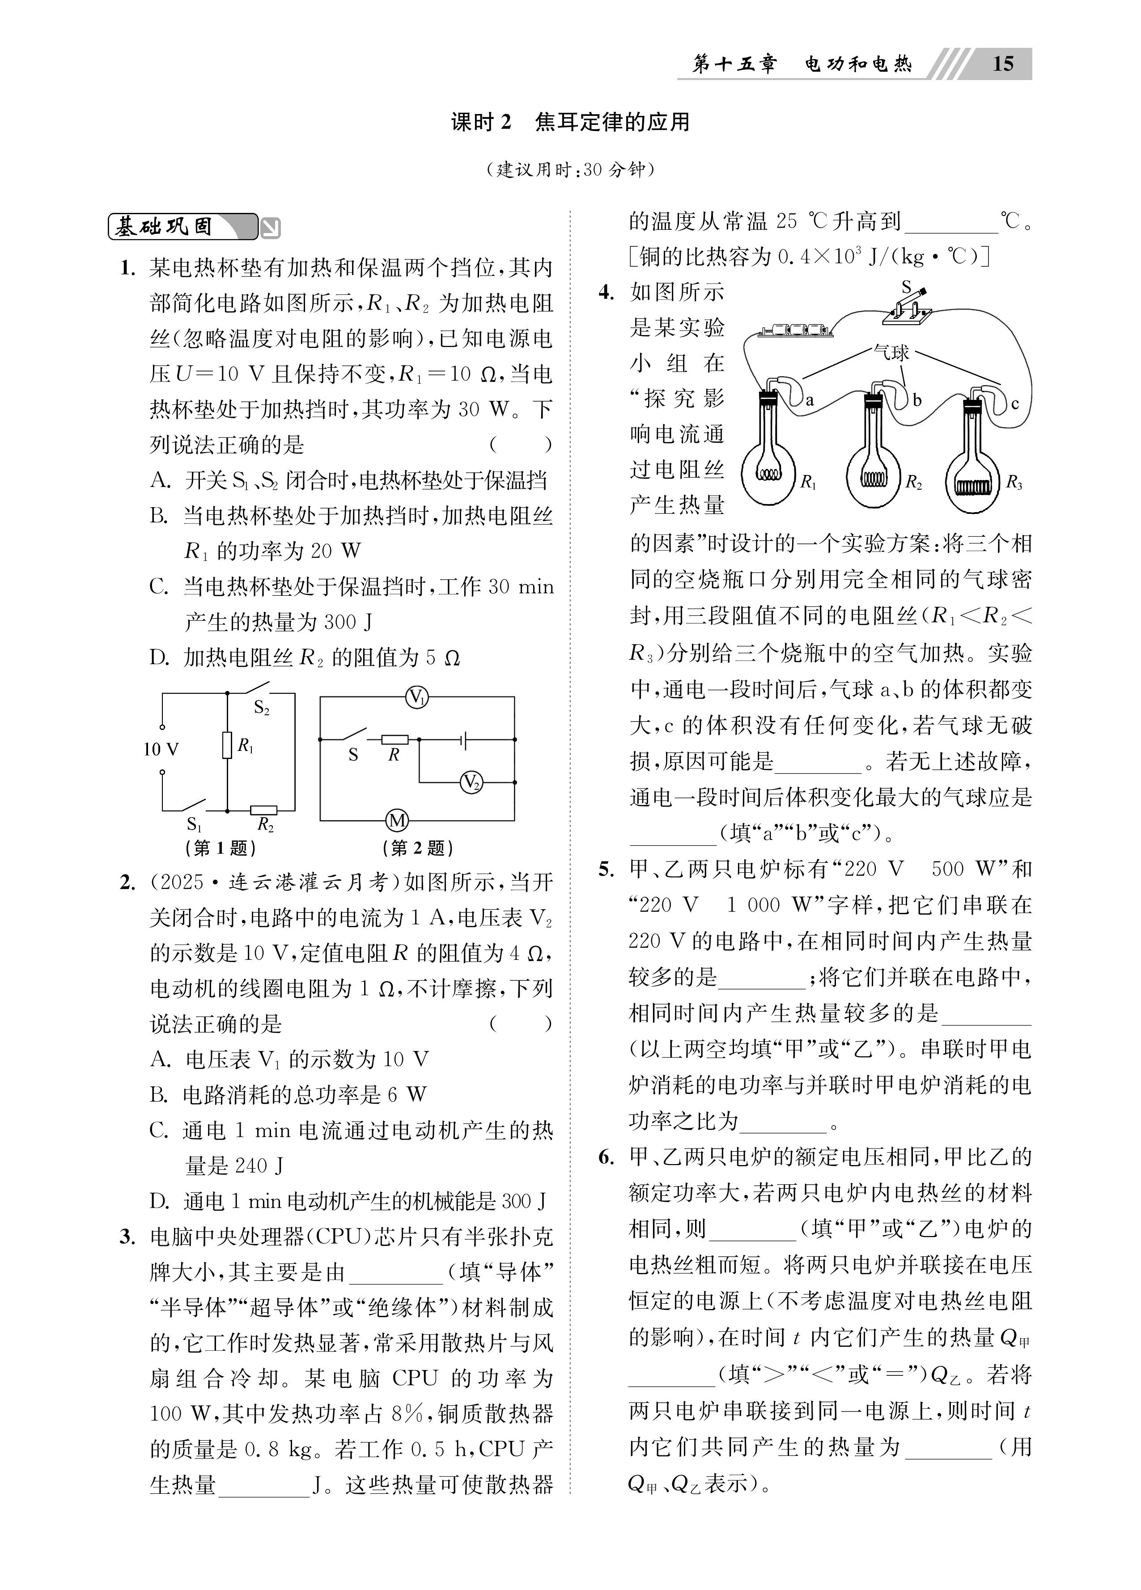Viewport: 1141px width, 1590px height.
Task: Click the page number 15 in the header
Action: click(x=1003, y=64)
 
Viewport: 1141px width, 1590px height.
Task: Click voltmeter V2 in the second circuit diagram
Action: click(x=471, y=782)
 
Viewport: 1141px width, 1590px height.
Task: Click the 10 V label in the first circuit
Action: click(x=161, y=750)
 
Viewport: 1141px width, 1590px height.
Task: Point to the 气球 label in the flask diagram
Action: click(x=891, y=352)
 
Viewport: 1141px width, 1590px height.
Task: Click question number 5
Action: click(x=606, y=870)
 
